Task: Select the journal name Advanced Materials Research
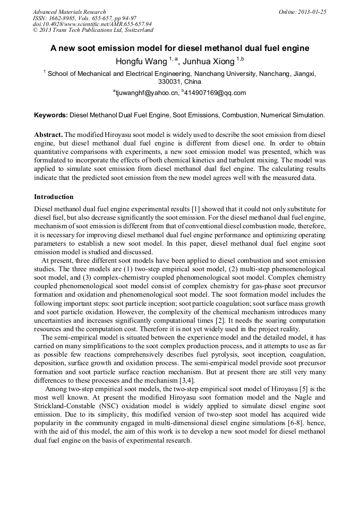tap(69, 12)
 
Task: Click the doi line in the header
tap(92, 24)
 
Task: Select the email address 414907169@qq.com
tap(216, 93)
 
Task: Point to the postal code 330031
tap(169, 82)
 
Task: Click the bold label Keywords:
tap(51, 115)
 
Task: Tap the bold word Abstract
tap(48, 134)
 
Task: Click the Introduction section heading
tap(54, 197)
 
